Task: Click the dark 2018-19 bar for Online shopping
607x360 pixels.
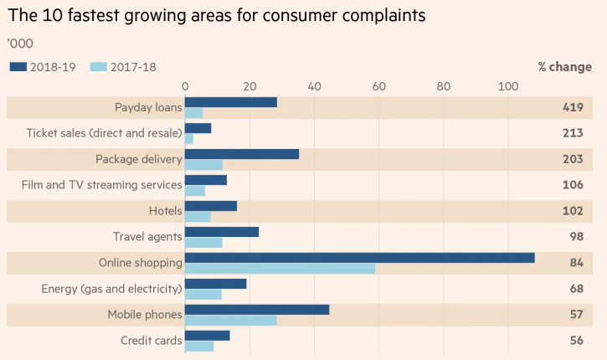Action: tap(359, 258)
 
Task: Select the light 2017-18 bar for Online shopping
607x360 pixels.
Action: tap(280, 269)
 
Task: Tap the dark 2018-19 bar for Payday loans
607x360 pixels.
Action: tap(230, 102)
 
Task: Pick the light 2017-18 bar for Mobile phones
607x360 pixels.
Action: tap(230, 321)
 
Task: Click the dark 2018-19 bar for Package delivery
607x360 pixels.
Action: tap(241, 154)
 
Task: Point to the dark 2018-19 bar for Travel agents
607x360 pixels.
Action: tap(221, 232)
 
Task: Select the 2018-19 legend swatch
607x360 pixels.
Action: tap(18, 67)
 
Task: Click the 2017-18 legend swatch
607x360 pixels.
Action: tap(99, 67)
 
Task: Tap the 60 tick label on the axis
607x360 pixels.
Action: tap(378, 85)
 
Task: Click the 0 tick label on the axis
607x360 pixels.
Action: tap(185, 85)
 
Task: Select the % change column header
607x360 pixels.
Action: tap(565, 67)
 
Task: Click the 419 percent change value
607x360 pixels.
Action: tap(573, 107)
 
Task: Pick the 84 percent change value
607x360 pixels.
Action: tap(576, 263)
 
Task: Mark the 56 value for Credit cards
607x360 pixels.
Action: tap(576, 341)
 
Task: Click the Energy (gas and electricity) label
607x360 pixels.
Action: tap(111, 289)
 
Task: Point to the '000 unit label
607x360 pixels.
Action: tap(20, 42)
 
